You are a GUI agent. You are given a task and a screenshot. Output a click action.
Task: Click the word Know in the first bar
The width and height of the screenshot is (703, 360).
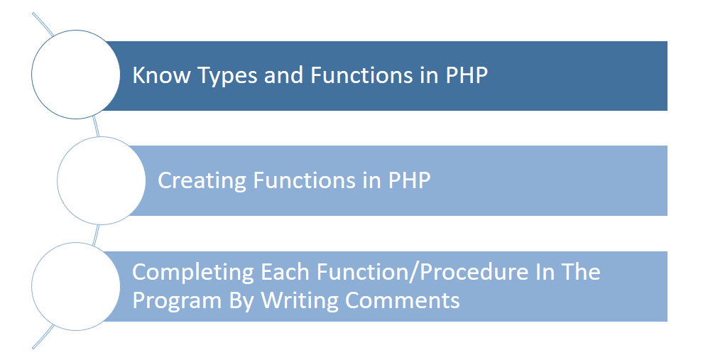point(161,75)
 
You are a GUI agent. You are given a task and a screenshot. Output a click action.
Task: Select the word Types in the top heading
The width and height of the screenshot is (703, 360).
point(227,76)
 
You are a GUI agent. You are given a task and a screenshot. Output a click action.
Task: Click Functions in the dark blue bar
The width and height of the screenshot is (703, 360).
point(361,75)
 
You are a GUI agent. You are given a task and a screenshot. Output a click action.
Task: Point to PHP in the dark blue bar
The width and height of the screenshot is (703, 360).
point(467,75)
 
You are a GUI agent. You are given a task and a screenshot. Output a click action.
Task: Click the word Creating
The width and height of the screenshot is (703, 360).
point(202,181)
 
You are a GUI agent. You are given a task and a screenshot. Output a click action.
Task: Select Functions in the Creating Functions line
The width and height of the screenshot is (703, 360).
point(304,180)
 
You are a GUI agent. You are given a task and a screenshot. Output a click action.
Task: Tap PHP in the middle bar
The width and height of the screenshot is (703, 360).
point(409,180)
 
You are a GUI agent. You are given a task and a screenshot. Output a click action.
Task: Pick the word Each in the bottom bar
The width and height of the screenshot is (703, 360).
point(285,272)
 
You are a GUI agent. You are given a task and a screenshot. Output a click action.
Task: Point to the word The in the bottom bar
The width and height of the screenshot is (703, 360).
point(581,272)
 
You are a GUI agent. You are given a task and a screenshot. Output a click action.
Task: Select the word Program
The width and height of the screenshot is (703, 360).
point(177,301)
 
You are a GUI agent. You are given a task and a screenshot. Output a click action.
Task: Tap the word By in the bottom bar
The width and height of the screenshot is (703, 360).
point(241,301)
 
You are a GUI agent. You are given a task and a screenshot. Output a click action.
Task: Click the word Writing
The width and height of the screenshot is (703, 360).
point(300,301)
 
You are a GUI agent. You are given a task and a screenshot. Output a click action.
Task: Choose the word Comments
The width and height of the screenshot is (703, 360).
point(403,300)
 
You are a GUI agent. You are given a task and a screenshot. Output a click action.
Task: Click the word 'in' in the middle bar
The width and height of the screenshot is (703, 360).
point(371,180)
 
